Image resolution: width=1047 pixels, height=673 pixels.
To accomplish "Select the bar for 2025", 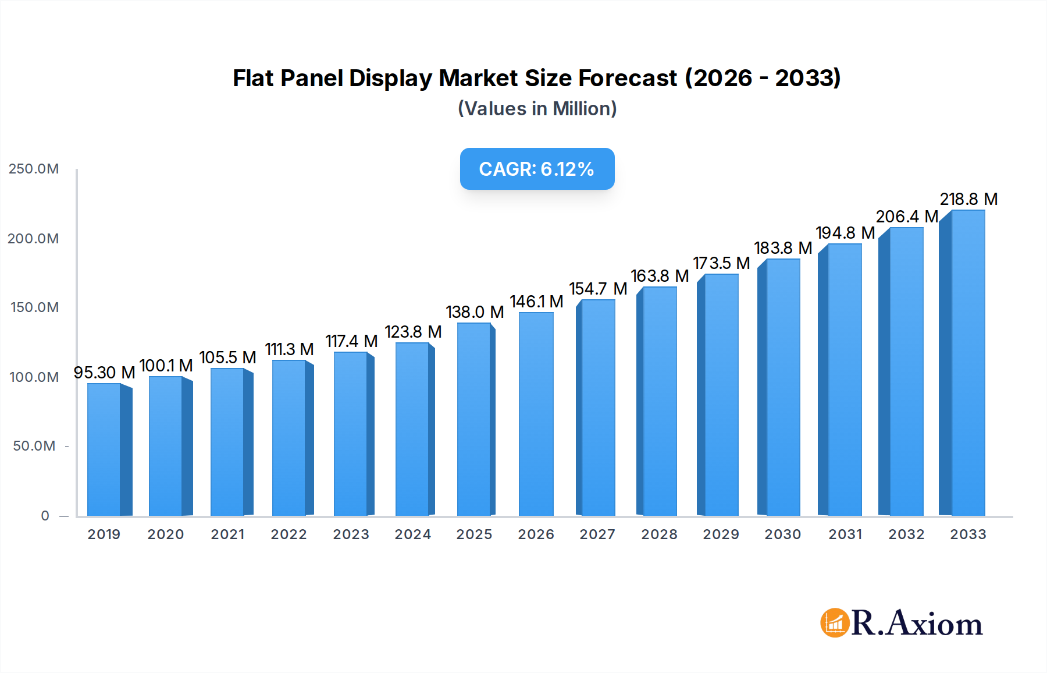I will point(474,419).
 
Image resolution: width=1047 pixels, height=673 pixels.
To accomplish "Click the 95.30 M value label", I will point(104,373).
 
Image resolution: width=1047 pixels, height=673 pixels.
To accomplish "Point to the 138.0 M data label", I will point(475,312).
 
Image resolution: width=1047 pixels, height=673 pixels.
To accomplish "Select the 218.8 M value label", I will point(968,199).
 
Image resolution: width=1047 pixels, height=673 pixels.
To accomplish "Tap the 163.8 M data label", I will point(660,276).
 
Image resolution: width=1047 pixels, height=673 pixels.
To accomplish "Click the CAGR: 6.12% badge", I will point(537,169).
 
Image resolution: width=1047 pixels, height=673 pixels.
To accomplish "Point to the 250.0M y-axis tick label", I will point(34,169).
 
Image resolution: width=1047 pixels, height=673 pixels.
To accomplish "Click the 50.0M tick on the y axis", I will point(34,446).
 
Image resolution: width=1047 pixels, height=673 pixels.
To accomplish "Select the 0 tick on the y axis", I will point(45,516).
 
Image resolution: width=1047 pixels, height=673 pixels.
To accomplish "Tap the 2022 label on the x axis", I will point(289,534).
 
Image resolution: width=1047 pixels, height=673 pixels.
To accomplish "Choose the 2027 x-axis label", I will point(597,534).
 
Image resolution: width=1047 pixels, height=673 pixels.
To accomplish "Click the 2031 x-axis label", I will point(845,534).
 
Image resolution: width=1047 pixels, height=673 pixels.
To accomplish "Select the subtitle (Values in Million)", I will point(537,109).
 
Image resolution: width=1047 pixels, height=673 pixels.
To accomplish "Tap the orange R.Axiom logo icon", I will point(835,623).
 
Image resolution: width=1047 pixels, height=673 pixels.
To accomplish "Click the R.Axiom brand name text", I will point(917,624).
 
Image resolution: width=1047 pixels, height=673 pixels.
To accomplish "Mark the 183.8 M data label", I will point(783,248).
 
